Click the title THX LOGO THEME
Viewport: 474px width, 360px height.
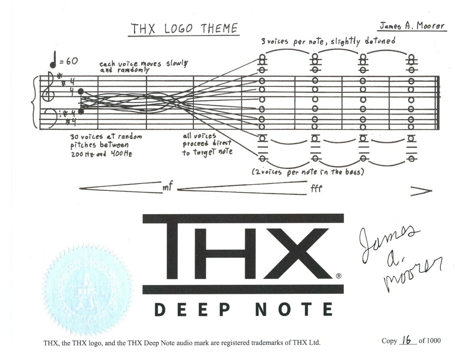184,29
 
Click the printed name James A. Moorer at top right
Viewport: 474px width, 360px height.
412,26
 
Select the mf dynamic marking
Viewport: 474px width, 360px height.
168,188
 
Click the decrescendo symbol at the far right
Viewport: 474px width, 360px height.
421,191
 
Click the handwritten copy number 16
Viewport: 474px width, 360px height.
406,340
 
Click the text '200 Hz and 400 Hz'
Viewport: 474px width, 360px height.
101,154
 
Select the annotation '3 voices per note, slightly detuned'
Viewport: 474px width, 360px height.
328,41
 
